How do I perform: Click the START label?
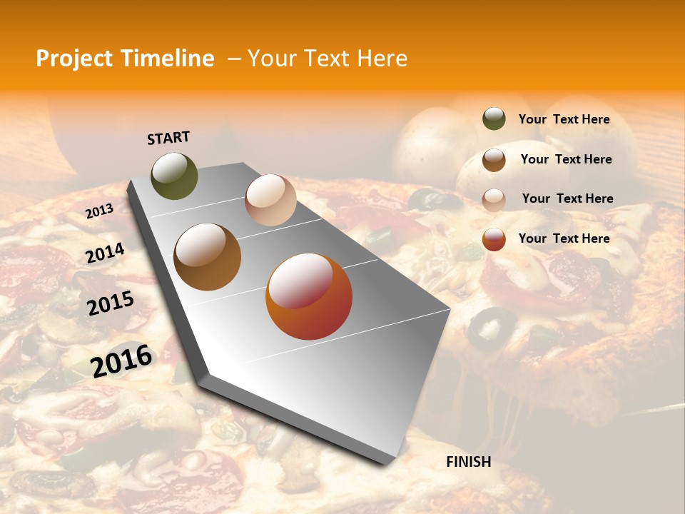[x=168, y=138]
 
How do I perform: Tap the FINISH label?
[x=468, y=462]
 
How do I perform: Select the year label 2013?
[x=99, y=211]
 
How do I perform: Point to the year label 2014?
[x=105, y=253]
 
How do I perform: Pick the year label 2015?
[x=111, y=303]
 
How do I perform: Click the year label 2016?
[x=121, y=361]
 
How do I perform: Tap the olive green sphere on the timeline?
[x=174, y=176]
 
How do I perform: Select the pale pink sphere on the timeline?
[x=270, y=200]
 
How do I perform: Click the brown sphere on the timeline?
[x=207, y=257]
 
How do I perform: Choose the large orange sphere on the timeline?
[x=309, y=296]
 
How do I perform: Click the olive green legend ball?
[x=494, y=119]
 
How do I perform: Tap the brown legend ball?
[x=494, y=159]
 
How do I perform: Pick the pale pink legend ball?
[x=494, y=199]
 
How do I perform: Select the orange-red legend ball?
[x=494, y=239]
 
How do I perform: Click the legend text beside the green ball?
[x=564, y=119]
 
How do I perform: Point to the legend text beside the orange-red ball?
[x=564, y=238]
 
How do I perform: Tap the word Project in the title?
[x=73, y=59]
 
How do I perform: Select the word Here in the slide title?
[x=382, y=59]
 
